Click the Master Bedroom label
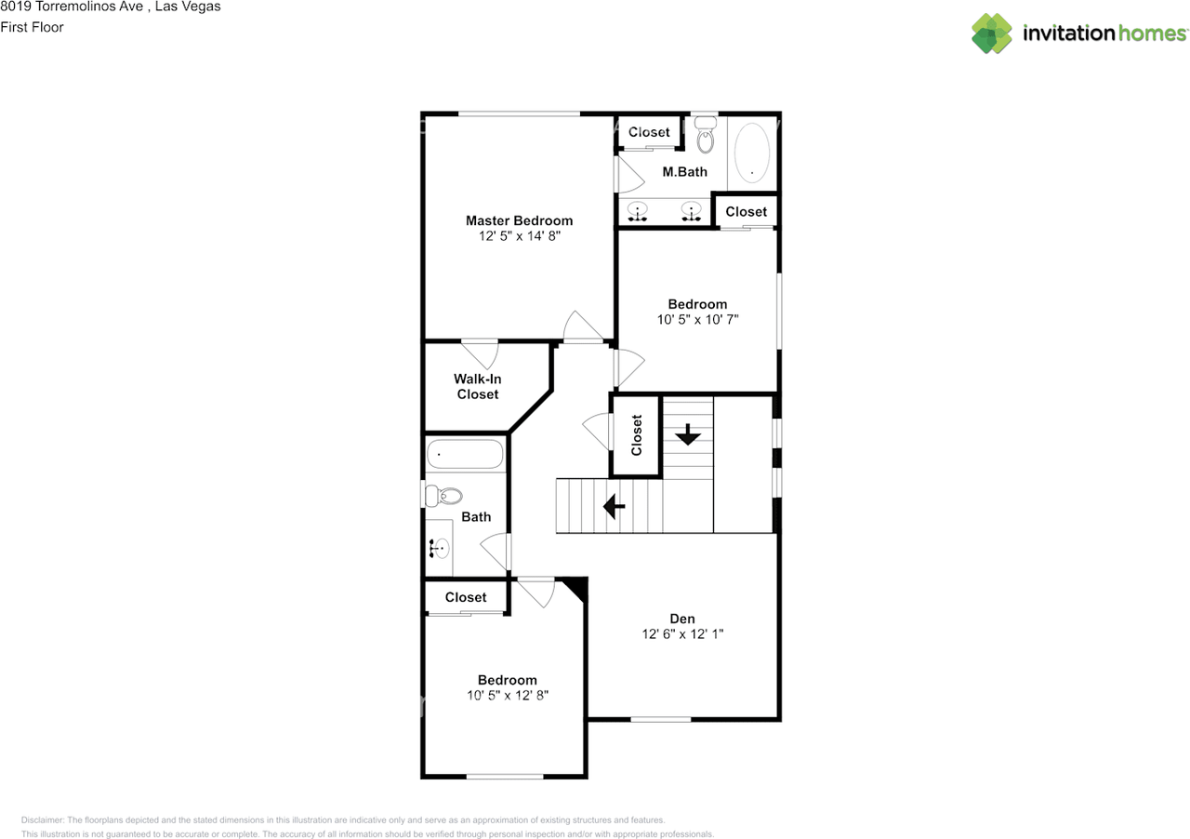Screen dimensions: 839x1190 (x=519, y=220)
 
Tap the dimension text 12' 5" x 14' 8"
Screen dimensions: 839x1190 (x=519, y=236)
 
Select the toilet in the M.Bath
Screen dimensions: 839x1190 (x=706, y=137)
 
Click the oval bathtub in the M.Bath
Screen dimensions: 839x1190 (x=752, y=153)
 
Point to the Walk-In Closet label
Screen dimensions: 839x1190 (x=477, y=386)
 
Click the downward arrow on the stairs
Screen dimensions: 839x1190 (x=687, y=434)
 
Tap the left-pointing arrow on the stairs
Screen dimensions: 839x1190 (x=614, y=506)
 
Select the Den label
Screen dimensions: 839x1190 (x=682, y=619)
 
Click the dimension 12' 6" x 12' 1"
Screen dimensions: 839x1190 (x=682, y=634)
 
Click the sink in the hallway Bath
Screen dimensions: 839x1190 (x=440, y=549)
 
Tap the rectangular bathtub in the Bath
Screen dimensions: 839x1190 (x=465, y=455)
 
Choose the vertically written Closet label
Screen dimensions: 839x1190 (x=637, y=435)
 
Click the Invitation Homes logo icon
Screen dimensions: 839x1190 (x=992, y=33)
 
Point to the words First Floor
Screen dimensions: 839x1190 (x=32, y=27)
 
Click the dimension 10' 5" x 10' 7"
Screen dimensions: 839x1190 (x=697, y=319)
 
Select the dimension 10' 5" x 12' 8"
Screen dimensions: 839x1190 (x=508, y=695)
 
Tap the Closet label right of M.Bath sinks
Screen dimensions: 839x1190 (x=746, y=211)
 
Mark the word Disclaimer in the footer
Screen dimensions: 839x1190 (x=42, y=820)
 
